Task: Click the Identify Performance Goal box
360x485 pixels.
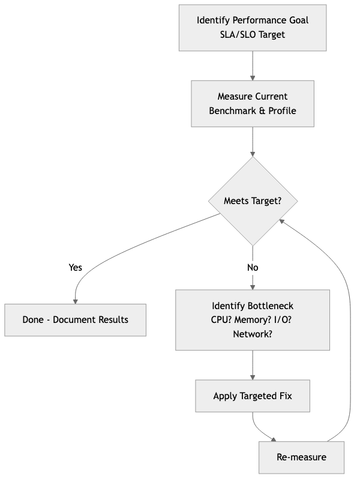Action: (253, 28)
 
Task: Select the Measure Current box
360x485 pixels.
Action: (253, 103)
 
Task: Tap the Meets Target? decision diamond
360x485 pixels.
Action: (253, 201)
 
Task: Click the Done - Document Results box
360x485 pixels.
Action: (75, 319)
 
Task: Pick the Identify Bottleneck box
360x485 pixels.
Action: (253, 319)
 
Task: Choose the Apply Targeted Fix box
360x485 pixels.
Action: (253, 396)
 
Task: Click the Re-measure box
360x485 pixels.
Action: (301, 457)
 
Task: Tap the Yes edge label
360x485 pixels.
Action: (76, 268)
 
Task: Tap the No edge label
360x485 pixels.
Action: (253, 268)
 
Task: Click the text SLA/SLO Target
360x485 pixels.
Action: (253, 35)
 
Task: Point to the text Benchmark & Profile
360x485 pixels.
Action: (253, 111)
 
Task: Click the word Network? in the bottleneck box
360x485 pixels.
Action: (253, 334)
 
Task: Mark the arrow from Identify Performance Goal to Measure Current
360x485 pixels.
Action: (253, 66)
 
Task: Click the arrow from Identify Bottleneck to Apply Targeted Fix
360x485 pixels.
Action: (253, 365)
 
